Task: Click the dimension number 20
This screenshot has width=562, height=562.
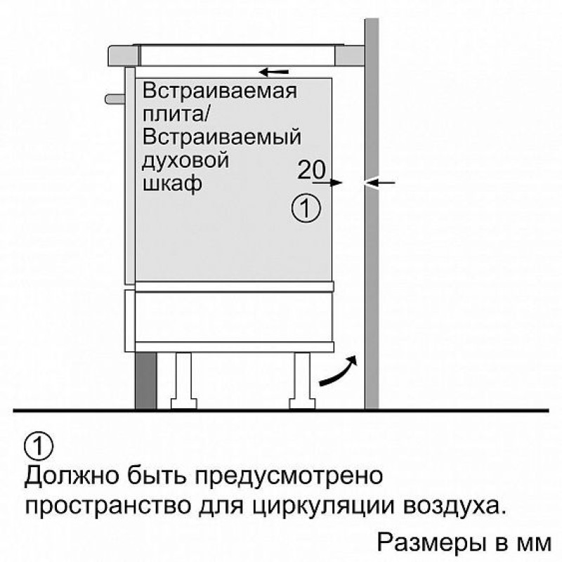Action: point(311,169)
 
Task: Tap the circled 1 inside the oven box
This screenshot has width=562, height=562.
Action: point(306,208)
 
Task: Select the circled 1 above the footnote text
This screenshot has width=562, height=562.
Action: point(39,446)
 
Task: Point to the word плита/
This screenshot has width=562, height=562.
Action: point(176,114)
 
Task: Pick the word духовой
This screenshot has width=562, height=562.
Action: point(185,160)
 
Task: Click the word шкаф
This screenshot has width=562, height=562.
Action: point(172,184)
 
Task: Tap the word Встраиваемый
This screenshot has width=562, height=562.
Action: point(221,137)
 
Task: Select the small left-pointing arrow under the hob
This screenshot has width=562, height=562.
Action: point(274,72)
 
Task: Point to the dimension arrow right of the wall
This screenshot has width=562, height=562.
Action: point(379,183)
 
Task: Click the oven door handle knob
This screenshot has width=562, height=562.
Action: point(115,99)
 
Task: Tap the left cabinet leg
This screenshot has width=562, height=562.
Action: point(183,381)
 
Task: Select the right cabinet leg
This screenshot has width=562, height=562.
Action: point(303,381)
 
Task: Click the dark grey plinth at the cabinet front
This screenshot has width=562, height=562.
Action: point(146,380)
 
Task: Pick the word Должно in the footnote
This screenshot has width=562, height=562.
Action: point(72,476)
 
